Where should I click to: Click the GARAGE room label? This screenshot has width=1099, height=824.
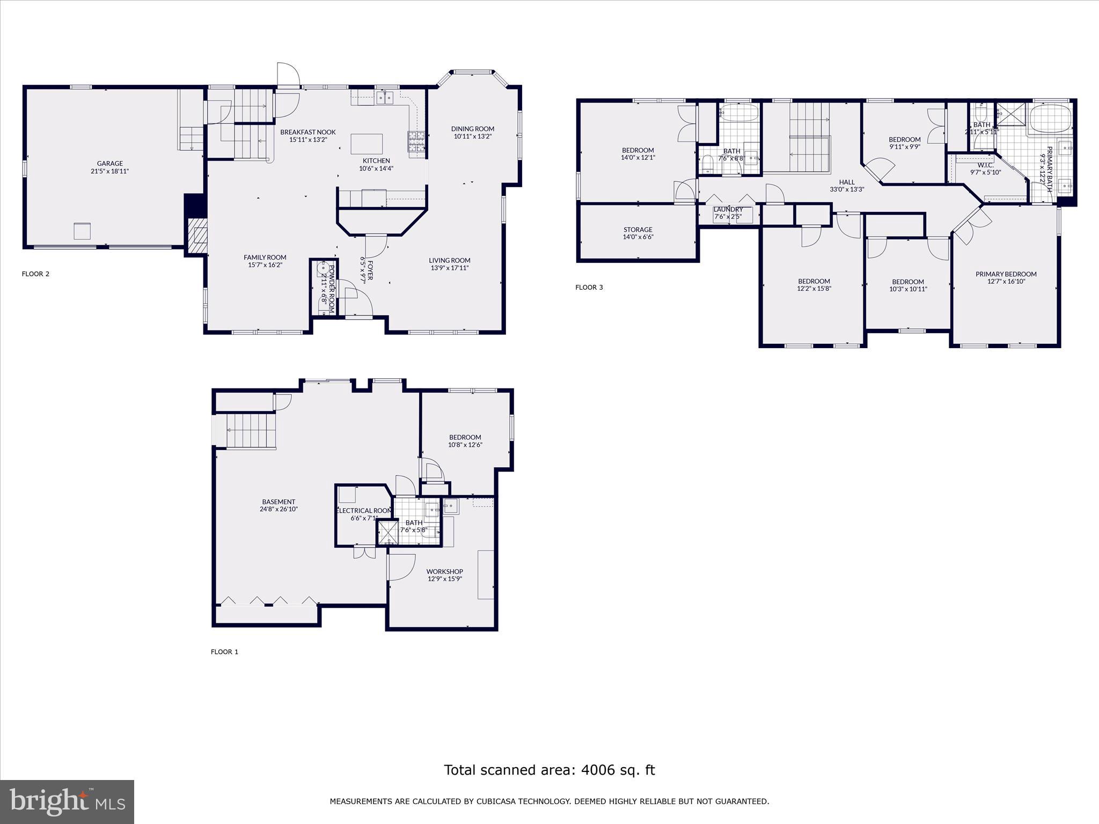point(109,164)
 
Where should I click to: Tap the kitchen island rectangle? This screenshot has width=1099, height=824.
point(367,144)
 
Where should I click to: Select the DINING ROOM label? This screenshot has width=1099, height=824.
point(472,129)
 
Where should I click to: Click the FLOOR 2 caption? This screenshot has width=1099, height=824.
point(35,274)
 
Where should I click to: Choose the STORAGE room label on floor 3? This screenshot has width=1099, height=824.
point(638,230)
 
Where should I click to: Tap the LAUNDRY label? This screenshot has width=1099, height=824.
point(728,210)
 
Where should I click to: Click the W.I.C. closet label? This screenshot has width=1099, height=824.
point(985,165)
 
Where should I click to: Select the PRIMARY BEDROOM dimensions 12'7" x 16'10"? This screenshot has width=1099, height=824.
point(1006,281)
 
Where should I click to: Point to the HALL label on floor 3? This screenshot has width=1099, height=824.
point(847,182)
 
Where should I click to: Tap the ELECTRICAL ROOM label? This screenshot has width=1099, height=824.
point(364,511)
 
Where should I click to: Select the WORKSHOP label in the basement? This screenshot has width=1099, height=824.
point(444,572)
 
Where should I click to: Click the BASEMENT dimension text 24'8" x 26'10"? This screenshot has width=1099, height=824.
point(279,509)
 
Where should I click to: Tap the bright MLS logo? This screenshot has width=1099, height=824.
point(67,801)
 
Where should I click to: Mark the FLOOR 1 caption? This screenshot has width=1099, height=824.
point(224,652)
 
